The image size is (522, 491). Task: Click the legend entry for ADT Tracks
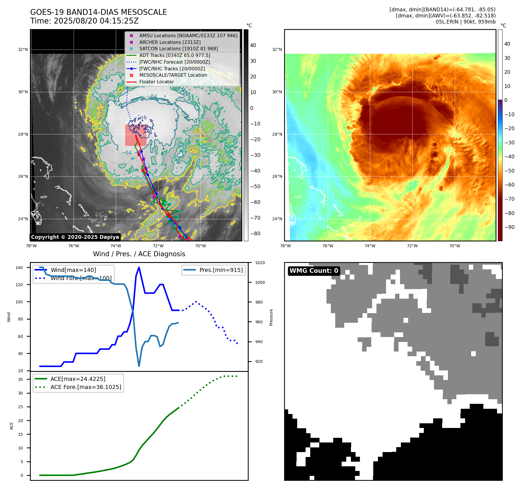[174, 55]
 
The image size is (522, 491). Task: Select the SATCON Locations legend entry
[178, 49]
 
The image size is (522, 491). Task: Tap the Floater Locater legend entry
[156, 82]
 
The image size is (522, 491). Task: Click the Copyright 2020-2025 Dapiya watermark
[75, 237]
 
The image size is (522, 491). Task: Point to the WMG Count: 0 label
[314, 271]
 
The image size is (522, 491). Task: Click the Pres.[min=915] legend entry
[221, 270]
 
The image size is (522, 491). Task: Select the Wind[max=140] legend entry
[73, 270]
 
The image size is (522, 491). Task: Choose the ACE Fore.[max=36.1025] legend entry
[86, 387]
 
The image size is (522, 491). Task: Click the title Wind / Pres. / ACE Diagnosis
[139, 254]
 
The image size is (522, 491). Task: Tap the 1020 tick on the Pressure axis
[260, 263]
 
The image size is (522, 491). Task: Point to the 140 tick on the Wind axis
[19, 268]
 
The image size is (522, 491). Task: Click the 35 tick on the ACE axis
[20, 379]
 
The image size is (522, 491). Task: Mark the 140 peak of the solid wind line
[139, 267]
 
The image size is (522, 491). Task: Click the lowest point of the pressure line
[139, 366]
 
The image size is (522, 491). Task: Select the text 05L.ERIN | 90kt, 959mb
[465, 22]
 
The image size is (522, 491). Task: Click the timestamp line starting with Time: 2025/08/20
[84, 21]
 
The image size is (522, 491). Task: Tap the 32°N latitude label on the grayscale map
[23, 49]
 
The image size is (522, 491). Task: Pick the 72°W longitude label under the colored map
[412, 246]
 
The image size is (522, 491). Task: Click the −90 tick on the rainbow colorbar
[509, 227]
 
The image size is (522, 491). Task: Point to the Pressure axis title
[271, 317]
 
